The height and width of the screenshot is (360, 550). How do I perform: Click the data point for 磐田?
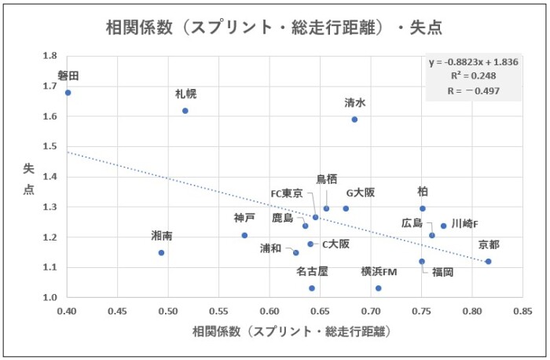68,93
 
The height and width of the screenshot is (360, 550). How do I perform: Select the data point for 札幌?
185,111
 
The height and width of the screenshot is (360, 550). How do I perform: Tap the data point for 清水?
354,119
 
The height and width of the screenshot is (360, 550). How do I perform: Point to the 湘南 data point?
161,253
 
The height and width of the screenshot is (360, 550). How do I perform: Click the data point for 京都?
488,262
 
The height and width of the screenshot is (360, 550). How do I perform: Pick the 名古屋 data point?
312,288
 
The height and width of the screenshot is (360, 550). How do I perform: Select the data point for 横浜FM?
379,288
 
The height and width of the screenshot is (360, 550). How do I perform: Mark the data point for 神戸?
244,235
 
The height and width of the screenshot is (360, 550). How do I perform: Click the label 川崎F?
464,224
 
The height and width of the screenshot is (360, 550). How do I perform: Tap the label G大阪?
361,193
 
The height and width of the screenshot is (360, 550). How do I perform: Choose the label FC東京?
287,193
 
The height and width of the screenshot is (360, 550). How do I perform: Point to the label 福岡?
442,272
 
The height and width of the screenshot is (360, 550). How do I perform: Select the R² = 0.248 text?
473,76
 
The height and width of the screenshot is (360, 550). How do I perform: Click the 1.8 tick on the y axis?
50,56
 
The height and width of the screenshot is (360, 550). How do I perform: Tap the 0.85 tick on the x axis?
518,312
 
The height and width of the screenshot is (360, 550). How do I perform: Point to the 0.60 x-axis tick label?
269,312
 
